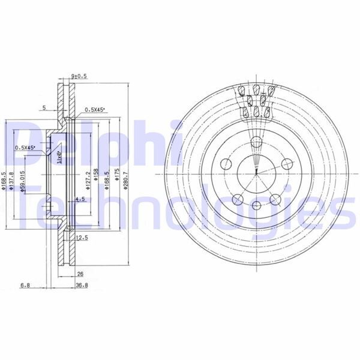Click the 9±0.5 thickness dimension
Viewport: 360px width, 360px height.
[79, 76]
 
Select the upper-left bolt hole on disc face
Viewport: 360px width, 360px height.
[226, 164]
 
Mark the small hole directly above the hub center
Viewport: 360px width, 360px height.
[256, 142]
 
